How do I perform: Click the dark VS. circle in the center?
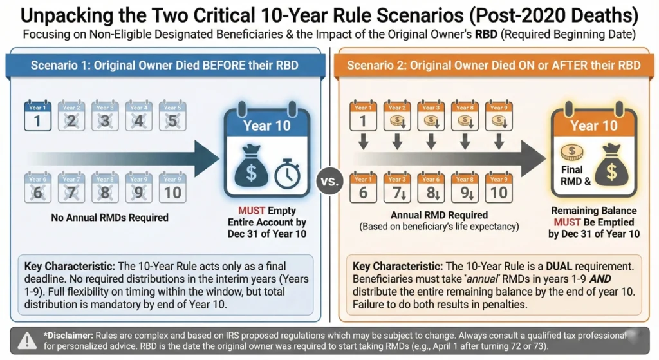pyautogui.click(x=329, y=182)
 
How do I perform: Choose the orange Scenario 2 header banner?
pyautogui.click(x=494, y=65)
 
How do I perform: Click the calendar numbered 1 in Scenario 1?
pyautogui.click(x=37, y=116)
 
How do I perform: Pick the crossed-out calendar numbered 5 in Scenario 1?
pyautogui.click(x=172, y=116)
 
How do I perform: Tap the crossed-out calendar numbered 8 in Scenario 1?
pyautogui.click(x=104, y=187)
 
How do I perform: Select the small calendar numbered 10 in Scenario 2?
pyautogui.click(x=497, y=187)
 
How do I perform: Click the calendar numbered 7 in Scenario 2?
pyautogui.click(x=396, y=187)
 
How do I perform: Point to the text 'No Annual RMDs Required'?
pyautogui.click(x=110, y=218)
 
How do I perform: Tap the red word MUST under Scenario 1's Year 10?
pyautogui.click(x=252, y=211)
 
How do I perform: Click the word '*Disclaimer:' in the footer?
pyautogui.click(x=68, y=335)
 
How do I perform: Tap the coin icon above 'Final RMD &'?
pyautogui.click(x=569, y=153)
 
